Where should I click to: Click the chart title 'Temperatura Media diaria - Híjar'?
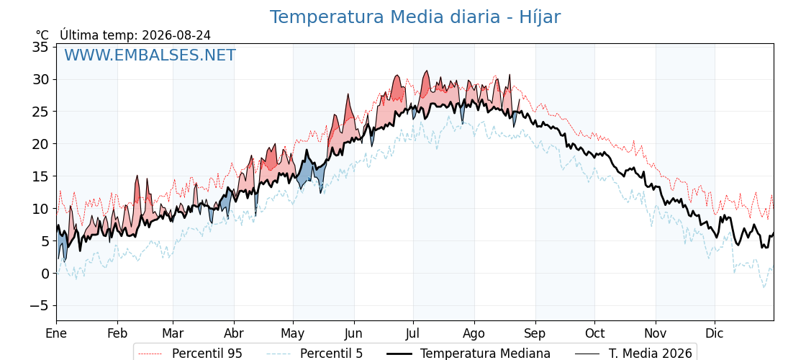pos(415,17)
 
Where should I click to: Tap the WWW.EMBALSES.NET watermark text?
pos(150,55)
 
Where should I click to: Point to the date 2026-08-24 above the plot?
pos(176,35)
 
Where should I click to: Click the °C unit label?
pos(42,35)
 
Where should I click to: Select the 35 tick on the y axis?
pos(40,47)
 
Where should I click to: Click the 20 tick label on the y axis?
pos(40,144)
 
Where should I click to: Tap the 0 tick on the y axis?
pos(45,273)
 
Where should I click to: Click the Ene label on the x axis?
pos(56,333)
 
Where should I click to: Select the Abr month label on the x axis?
pos(234,333)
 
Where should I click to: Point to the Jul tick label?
pos(413,333)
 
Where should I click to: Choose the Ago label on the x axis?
pos(474,333)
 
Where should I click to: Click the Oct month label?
pos(594,333)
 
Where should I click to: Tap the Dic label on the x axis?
pos(715,333)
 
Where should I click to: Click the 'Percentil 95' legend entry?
pos(191,354)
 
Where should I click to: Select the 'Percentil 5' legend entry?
pos(314,354)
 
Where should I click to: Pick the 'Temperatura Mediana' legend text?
pos(485,354)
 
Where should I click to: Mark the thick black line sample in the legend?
pos(399,354)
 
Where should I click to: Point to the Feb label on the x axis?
pos(117,333)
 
